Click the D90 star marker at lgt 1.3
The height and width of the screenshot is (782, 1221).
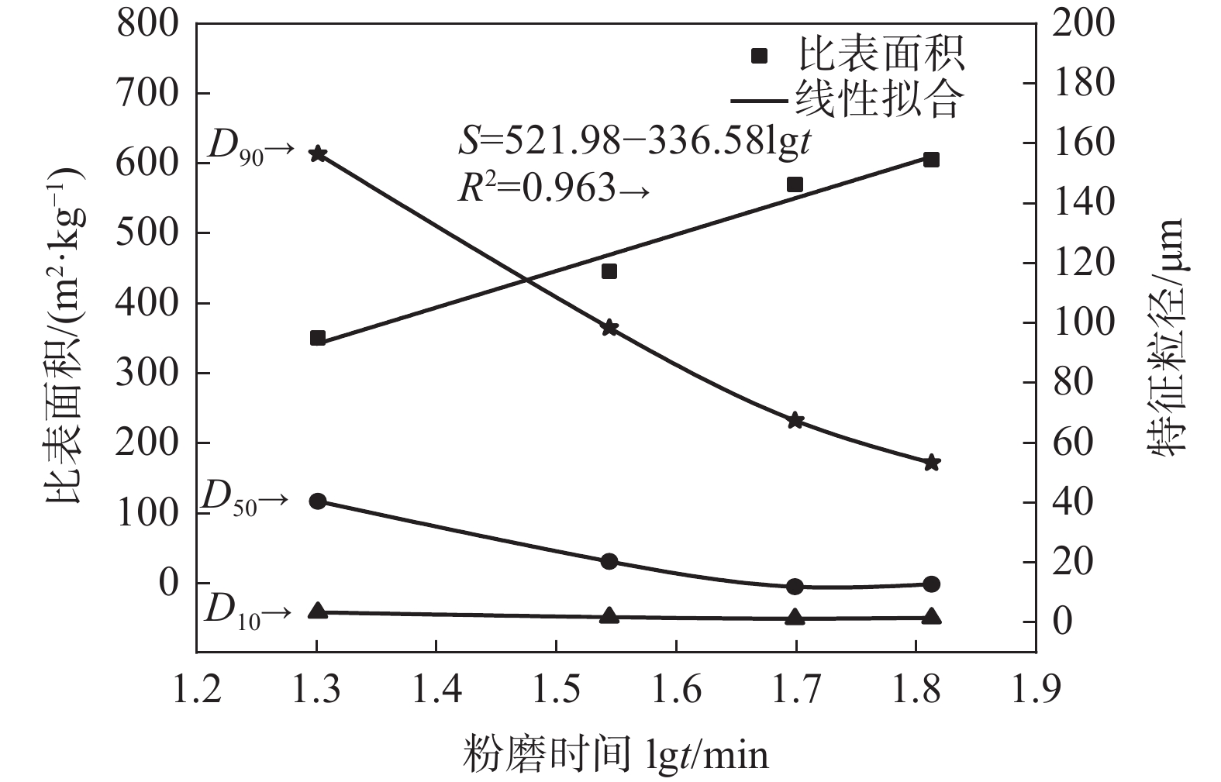(317, 154)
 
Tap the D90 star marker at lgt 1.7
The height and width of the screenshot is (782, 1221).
(795, 421)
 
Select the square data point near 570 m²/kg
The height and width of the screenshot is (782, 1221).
(795, 184)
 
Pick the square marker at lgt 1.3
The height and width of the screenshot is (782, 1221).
(317, 338)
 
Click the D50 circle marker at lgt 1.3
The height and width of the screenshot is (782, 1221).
(317, 501)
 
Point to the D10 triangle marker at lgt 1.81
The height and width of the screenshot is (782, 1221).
(932, 617)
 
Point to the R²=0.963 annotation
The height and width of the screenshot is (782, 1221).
(552, 188)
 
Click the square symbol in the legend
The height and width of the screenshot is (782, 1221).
(760, 55)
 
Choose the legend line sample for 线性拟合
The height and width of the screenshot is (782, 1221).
(760, 100)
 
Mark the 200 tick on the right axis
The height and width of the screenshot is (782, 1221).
(1083, 23)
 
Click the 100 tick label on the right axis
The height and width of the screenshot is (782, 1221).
(1083, 322)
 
